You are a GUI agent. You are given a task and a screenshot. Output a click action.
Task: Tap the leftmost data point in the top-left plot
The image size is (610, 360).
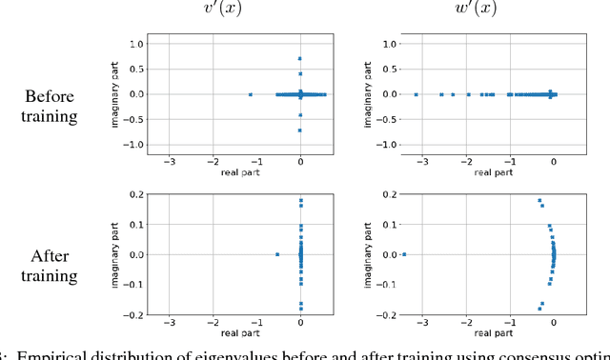[251, 94]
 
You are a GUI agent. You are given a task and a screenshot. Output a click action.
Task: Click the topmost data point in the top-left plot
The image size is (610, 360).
[300, 59]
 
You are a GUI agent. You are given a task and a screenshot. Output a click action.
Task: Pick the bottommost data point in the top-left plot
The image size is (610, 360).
[300, 130]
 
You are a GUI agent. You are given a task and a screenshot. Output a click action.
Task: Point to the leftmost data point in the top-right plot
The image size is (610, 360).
[417, 94]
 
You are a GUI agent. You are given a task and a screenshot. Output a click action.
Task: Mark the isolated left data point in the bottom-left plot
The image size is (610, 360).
[277, 254]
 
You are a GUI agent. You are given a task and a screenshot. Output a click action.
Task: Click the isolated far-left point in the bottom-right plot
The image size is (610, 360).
[404, 254]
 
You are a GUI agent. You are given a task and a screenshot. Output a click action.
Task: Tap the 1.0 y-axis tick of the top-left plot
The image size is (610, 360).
[137, 44]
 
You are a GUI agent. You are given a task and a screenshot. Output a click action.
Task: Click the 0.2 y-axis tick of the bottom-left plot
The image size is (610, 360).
[137, 194]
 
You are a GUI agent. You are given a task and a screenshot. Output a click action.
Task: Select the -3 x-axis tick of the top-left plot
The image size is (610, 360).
[169, 163]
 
